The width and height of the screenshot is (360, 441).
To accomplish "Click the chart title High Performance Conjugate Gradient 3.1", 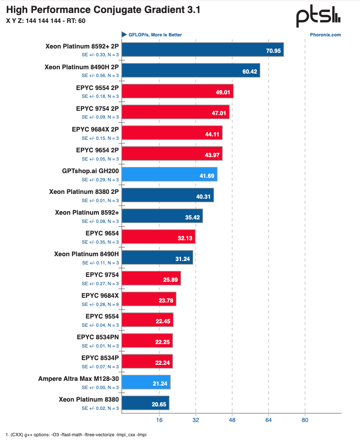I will point(103,10).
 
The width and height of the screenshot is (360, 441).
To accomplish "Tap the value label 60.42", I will point(250,71).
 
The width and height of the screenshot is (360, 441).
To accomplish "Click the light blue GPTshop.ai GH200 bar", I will point(169,174).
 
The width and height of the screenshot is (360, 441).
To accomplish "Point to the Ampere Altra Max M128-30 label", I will point(78,379).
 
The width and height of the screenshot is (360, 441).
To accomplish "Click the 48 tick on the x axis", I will point(232,420).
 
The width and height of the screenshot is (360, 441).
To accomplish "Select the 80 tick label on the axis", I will point(305,420).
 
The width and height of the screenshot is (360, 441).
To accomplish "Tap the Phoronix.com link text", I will point(325,35).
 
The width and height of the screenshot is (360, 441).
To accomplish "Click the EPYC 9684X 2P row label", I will point(95,129).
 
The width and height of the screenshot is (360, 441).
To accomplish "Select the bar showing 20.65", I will point(145,403).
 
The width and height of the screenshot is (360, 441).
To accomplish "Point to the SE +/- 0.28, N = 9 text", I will point(100,304).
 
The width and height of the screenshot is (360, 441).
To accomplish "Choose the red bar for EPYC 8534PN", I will point(147,341).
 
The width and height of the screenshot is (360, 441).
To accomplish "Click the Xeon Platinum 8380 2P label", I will point(84,191).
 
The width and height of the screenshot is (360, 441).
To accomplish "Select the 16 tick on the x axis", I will point(159,420).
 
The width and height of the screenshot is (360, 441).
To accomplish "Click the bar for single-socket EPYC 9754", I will point(151,278).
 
